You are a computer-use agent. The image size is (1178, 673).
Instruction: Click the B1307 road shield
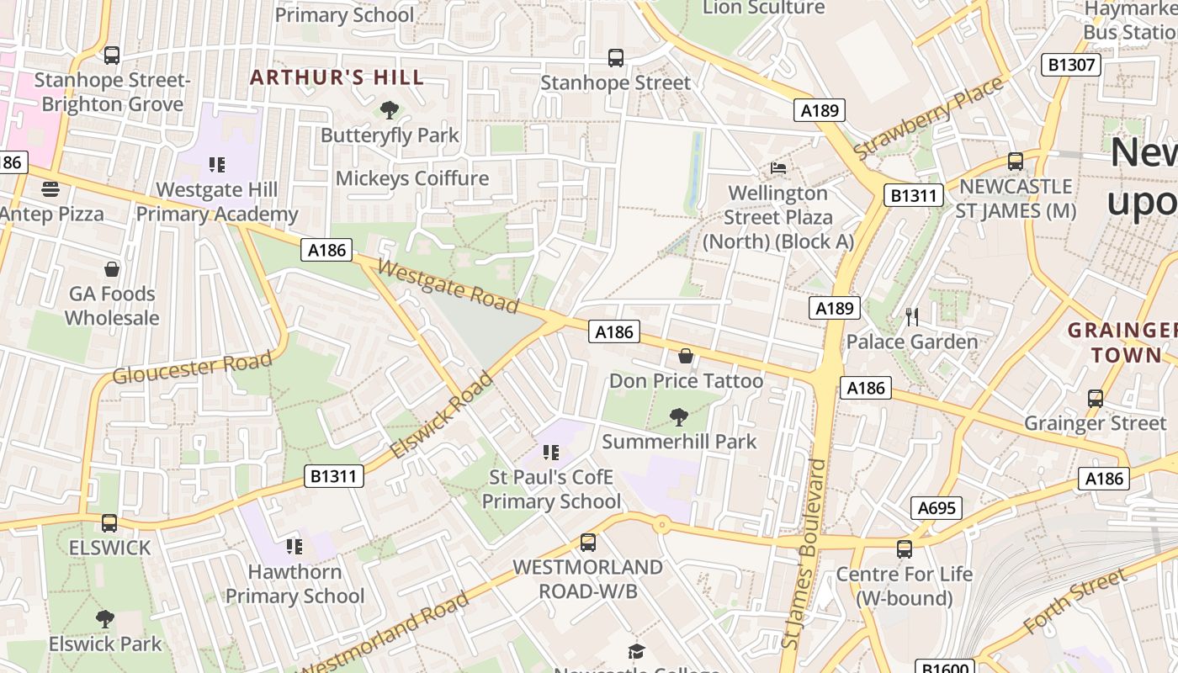[x=1070, y=65]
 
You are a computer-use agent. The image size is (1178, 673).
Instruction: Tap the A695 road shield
[x=936, y=508]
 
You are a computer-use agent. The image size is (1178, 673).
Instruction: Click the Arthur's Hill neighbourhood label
[x=337, y=77]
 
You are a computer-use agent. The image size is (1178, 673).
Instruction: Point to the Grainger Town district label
[x=1121, y=342]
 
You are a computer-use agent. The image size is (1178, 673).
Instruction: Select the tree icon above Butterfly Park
[x=389, y=109]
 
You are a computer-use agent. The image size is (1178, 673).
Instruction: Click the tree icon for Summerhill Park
[x=678, y=416]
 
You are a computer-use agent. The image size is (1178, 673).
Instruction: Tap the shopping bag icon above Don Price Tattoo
[x=686, y=356]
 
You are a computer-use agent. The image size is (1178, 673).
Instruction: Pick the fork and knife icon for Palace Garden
[x=912, y=316]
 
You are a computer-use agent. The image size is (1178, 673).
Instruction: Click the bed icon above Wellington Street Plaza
[x=778, y=168]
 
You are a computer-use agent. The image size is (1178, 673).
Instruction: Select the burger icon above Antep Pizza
[x=50, y=188]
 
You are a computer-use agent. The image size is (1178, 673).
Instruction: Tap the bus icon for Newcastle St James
[x=1016, y=161]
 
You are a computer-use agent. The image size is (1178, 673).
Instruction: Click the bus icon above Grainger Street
[x=1095, y=398]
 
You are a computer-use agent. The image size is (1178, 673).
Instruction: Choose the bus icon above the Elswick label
[x=109, y=523]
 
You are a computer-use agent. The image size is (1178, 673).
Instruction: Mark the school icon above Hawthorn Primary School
[x=294, y=547]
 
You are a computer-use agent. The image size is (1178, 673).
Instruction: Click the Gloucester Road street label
[x=193, y=368]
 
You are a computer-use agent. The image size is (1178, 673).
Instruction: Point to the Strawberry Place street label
[x=928, y=118]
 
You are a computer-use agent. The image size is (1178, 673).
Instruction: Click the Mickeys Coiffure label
[x=412, y=178]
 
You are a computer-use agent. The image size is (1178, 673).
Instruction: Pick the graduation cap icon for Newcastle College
[x=636, y=652]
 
